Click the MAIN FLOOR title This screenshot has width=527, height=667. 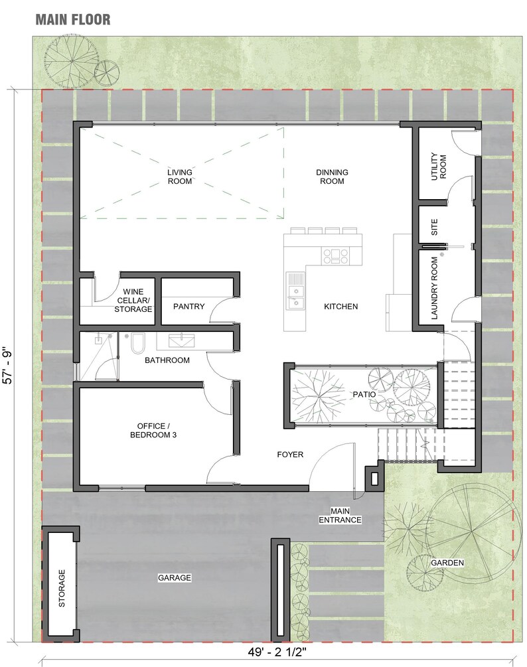(73, 19)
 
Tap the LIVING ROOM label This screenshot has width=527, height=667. (179, 177)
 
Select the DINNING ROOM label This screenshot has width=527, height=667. (332, 177)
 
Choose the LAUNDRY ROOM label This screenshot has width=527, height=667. (435, 289)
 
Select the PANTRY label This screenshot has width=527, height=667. (188, 307)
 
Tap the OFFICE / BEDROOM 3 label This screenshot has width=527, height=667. (157, 430)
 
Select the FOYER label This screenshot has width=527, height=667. (290, 455)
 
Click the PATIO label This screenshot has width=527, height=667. (364, 394)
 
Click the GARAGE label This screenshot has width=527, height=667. (174, 578)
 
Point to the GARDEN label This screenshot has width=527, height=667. (447, 563)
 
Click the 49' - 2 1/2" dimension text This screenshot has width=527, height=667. (275, 654)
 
